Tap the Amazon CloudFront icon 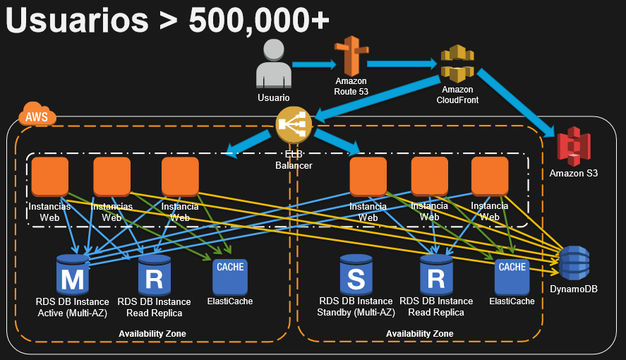[457, 64]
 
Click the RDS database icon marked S [356, 275]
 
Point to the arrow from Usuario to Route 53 [313, 65]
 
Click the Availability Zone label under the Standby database [420, 333]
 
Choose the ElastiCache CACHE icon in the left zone [230, 276]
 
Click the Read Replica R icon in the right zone [436, 275]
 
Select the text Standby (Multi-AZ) [356, 312]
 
